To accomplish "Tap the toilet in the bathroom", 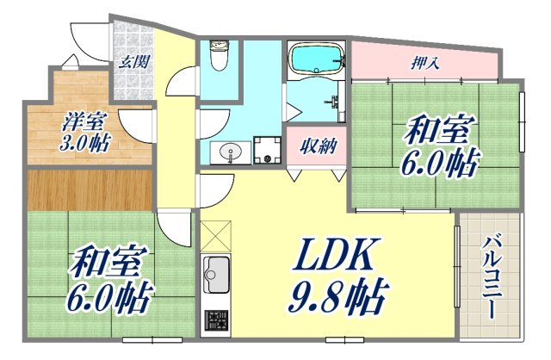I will pos(219,57).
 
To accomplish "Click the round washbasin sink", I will pos(230,152).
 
